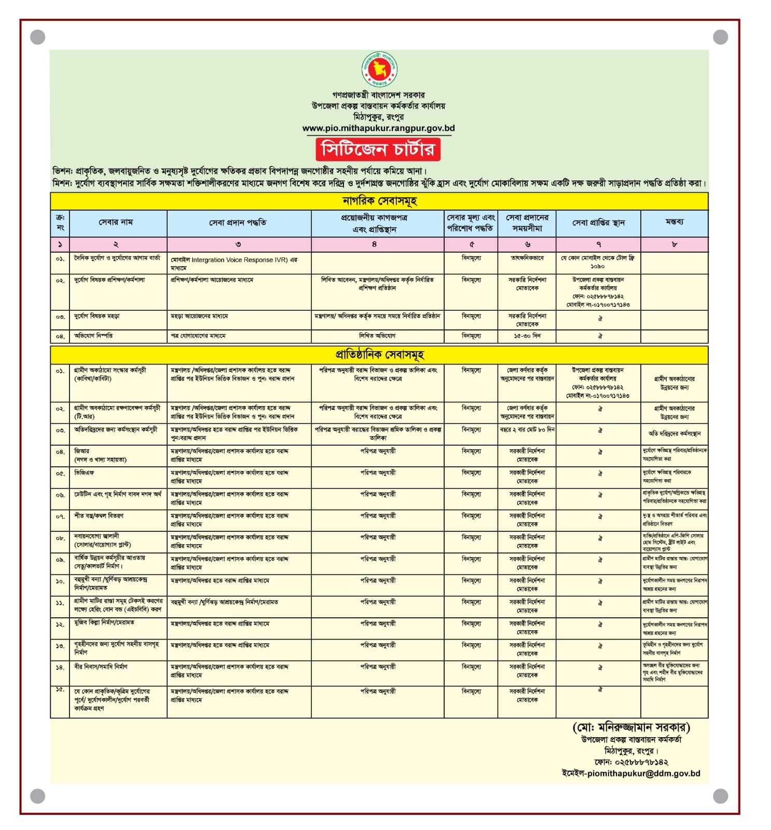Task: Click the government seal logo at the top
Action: click(x=379, y=70)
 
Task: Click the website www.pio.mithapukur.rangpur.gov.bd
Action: click(x=378, y=128)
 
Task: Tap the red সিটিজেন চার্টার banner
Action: click(x=378, y=149)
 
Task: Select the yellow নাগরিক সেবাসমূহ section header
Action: click(x=379, y=201)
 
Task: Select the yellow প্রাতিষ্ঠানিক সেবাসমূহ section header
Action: click(x=379, y=355)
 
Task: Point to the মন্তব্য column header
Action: click(x=674, y=222)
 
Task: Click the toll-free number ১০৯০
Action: click(x=597, y=266)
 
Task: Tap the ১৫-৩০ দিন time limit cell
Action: click(x=527, y=336)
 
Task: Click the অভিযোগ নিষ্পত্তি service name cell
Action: click(x=94, y=336)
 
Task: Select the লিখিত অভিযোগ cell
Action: click(x=377, y=336)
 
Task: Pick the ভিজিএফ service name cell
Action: click(x=84, y=473)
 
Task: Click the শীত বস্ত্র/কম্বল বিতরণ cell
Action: click(x=99, y=516)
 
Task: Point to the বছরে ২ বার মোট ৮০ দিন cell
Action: click(x=527, y=430)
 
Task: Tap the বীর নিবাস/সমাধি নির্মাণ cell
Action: click(x=101, y=667)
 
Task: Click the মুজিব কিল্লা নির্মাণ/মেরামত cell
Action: click(x=104, y=622)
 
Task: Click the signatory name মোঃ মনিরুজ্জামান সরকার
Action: click(x=631, y=727)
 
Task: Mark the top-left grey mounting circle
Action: click(x=38, y=37)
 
